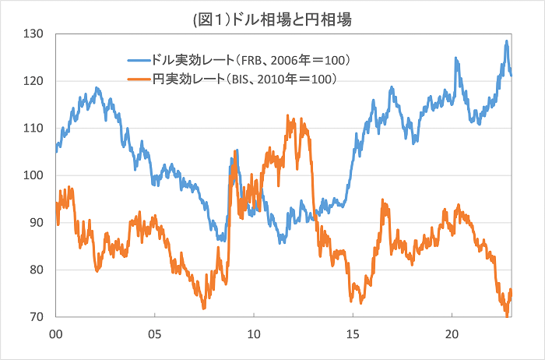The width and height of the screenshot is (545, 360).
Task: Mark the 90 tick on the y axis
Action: pos(35,223)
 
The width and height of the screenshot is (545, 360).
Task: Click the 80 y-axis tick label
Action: pos(35,270)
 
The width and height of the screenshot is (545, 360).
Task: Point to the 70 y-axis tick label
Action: pos(35,317)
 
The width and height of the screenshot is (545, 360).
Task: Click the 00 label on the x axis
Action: pos(55,332)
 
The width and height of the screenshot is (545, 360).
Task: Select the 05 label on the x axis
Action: pos(154,332)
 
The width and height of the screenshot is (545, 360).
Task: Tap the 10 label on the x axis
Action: pos(253,332)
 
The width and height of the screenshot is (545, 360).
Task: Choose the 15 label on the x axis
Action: pos(352,332)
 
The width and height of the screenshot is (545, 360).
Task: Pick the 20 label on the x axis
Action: pos(451,332)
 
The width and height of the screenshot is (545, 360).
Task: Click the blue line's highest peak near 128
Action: pos(506,41)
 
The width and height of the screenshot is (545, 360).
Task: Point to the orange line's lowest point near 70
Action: pos(506,316)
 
